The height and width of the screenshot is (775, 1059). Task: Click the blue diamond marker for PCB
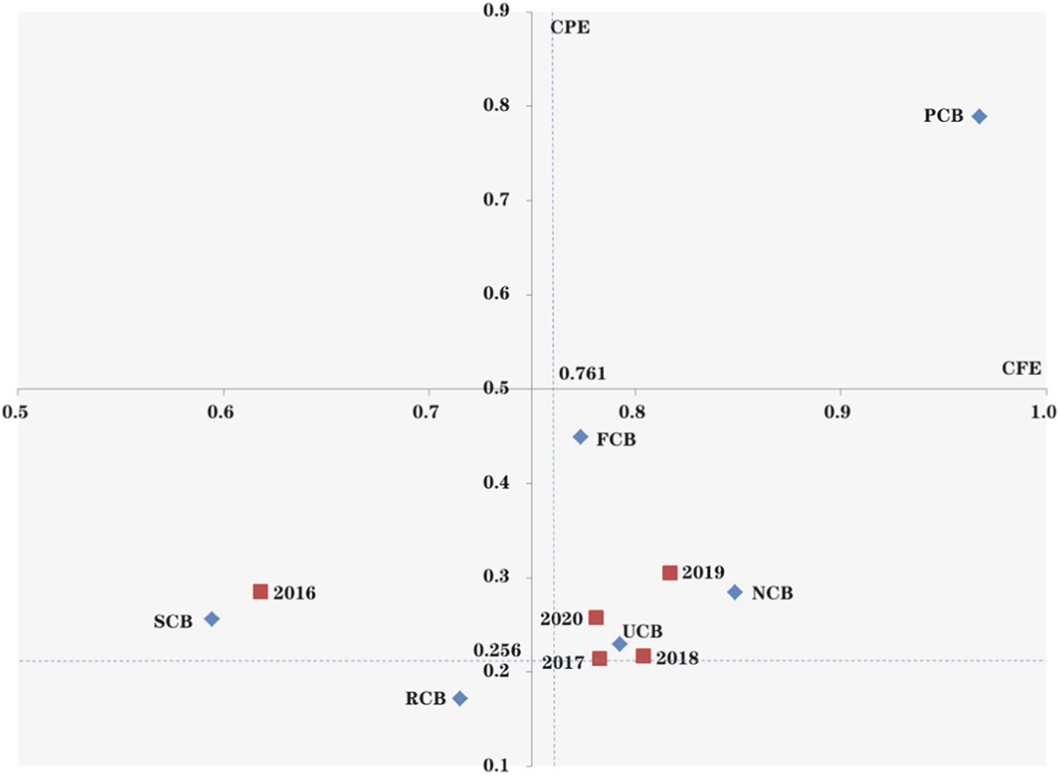click(x=979, y=116)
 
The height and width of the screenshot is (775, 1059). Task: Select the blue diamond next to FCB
click(x=580, y=437)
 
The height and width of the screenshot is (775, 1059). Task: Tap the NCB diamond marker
click(x=735, y=592)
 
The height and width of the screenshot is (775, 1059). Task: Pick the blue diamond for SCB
click(x=211, y=619)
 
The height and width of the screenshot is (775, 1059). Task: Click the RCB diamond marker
click(x=460, y=699)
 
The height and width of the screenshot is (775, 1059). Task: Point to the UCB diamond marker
click(x=619, y=644)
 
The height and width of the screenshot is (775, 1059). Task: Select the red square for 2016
click(x=260, y=592)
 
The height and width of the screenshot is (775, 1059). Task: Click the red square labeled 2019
click(x=669, y=573)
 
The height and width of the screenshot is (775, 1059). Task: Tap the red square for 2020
click(x=596, y=618)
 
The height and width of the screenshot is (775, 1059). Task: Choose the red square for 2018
click(x=643, y=656)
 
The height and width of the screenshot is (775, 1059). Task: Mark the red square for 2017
click(x=599, y=659)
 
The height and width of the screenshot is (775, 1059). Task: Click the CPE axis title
click(x=569, y=28)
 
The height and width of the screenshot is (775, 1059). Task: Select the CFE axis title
click(x=1021, y=368)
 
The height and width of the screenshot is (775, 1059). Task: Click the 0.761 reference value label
click(x=582, y=374)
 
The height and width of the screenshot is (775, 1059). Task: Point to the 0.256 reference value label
click(x=497, y=650)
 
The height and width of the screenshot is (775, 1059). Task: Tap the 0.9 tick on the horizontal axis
click(x=837, y=412)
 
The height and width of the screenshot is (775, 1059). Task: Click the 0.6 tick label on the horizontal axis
click(x=220, y=412)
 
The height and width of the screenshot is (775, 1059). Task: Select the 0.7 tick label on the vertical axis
click(x=496, y=199)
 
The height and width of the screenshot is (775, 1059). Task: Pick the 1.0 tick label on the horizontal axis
click(x=1043, y=412)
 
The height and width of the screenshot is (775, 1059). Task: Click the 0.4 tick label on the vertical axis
click(x=496, y=483)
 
